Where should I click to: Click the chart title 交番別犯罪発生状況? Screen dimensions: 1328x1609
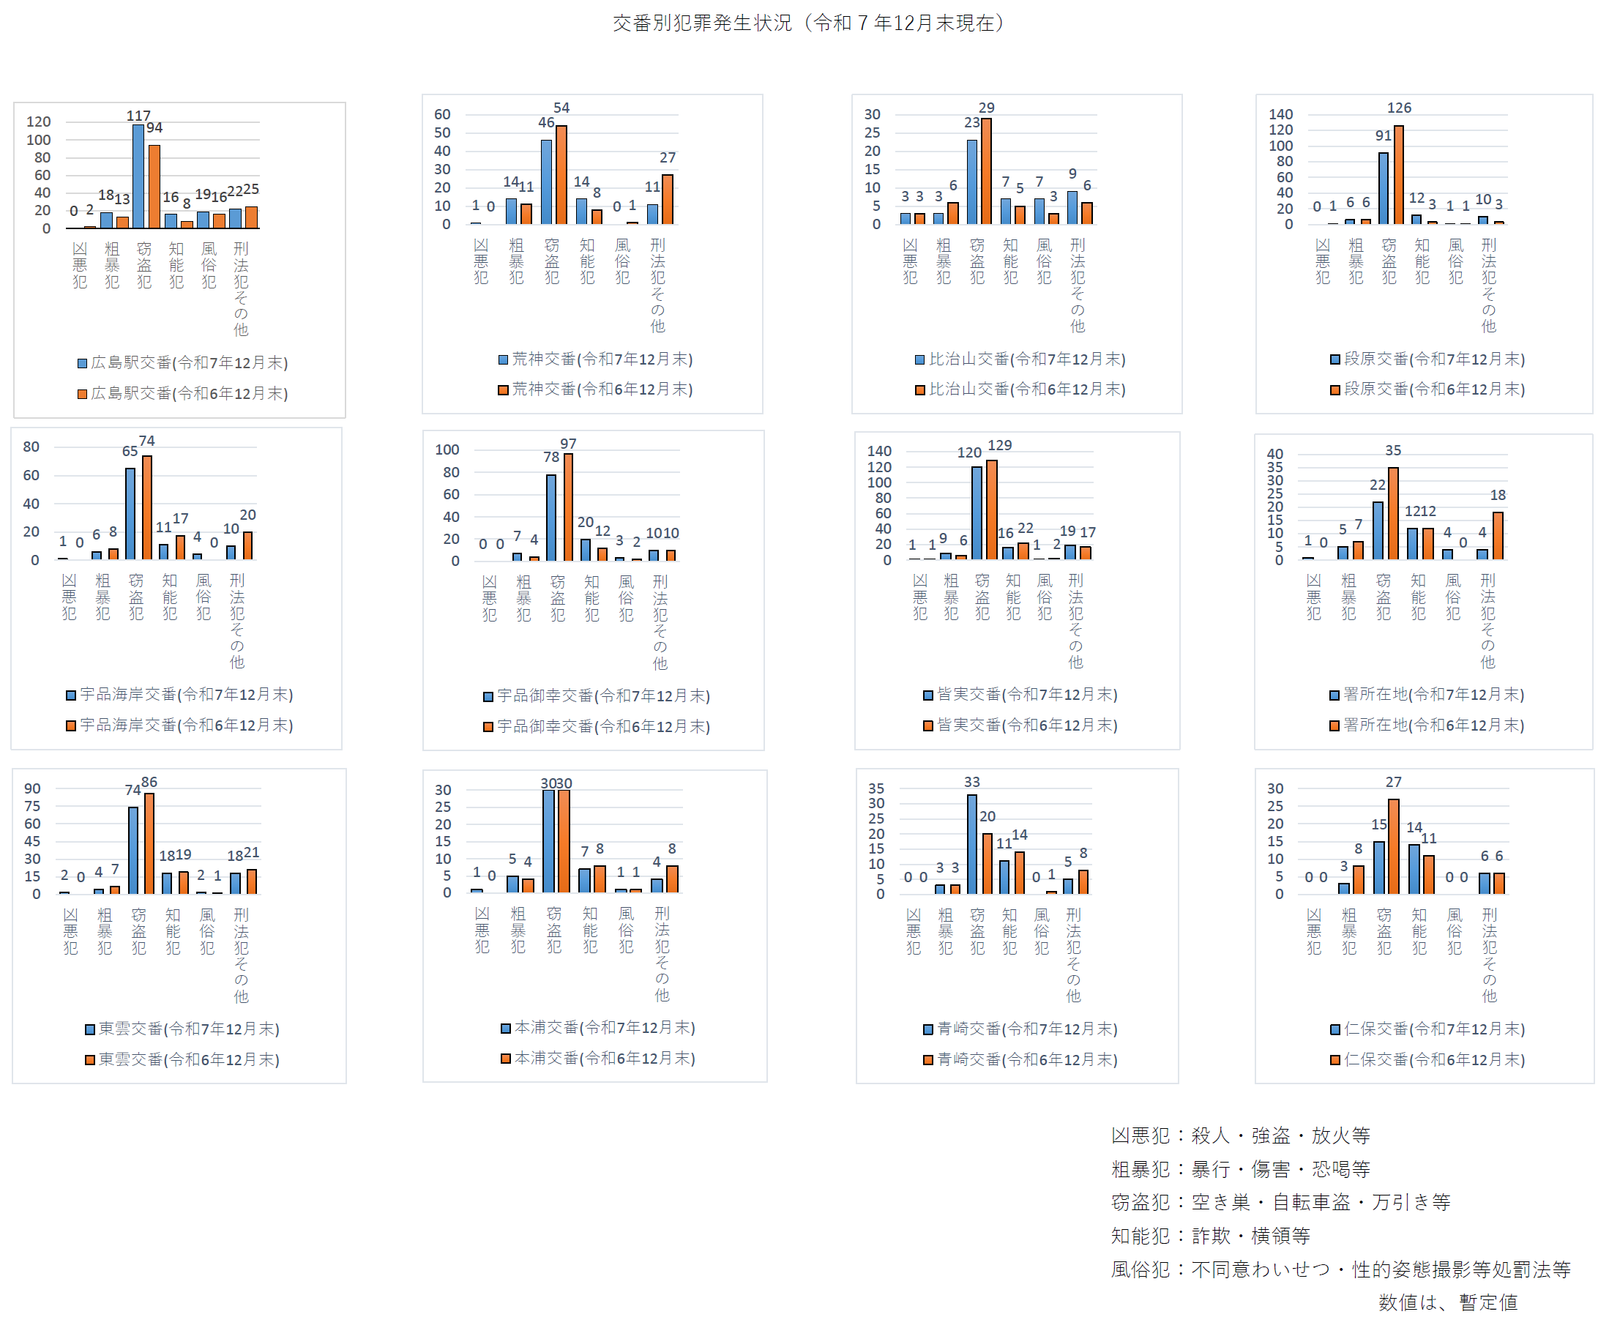[x=807, y=23]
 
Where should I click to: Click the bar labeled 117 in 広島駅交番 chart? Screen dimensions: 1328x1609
[x=138, y=176]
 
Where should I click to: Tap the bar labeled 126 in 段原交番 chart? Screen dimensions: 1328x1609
[x=1399, y=174]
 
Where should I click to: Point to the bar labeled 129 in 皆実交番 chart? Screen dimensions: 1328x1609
[x=992, y=510]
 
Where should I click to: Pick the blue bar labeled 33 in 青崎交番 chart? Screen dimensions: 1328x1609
[x=972, y=844]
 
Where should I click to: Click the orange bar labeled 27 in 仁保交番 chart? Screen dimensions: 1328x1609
[x=1394, y=846]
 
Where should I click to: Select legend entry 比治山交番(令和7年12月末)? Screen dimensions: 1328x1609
[x=1020, y=359]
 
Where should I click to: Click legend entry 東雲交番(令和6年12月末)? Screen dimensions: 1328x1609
[x=182, y=1059]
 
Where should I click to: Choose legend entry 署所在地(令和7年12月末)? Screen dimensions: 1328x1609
[x=1427, y=695]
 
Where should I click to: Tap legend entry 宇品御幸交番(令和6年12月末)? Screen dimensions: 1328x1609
[x=597, y=727]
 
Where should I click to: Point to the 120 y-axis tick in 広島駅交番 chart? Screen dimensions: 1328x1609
[x=38, y=122]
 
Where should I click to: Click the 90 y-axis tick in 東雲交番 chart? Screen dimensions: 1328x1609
[x=32, y=788]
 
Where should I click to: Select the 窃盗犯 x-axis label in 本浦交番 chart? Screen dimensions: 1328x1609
[x=553, y=930]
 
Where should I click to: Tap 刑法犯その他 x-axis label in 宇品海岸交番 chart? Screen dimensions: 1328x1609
[x=237, y=621]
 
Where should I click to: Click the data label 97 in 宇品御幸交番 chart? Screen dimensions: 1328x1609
[x=568, y=444]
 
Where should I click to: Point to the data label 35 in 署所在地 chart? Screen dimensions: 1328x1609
[x=1393, y=450]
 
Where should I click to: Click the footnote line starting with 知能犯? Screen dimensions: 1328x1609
[x=1211, y=1236]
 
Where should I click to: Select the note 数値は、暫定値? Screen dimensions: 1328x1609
[x=1448, y=1302]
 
